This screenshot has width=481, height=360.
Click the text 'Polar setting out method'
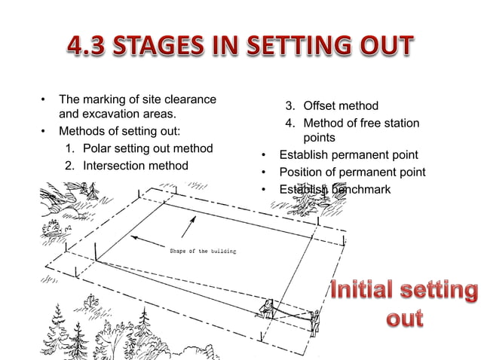147,148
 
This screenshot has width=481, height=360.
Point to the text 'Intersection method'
135,165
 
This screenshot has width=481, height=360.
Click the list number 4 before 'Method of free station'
289,124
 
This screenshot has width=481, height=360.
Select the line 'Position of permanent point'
352,172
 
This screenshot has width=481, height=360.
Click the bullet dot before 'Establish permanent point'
264,156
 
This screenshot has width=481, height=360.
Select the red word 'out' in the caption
404,318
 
